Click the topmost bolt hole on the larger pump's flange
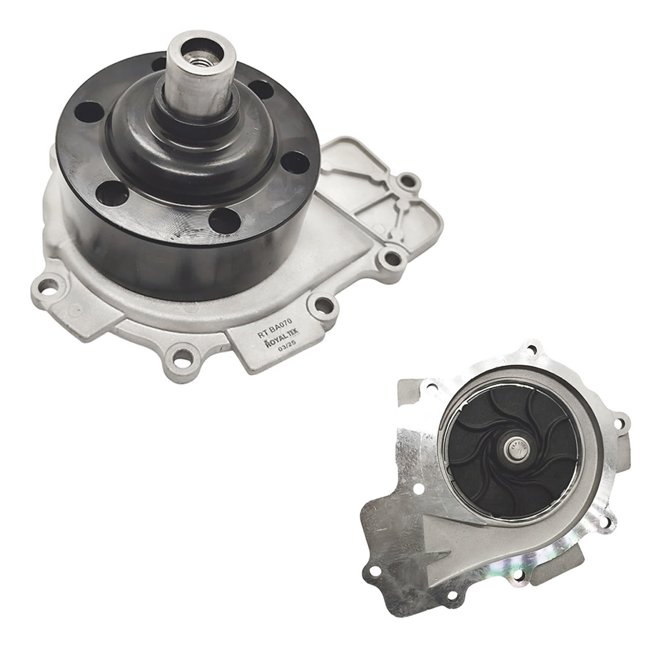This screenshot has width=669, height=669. (409, 181)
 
